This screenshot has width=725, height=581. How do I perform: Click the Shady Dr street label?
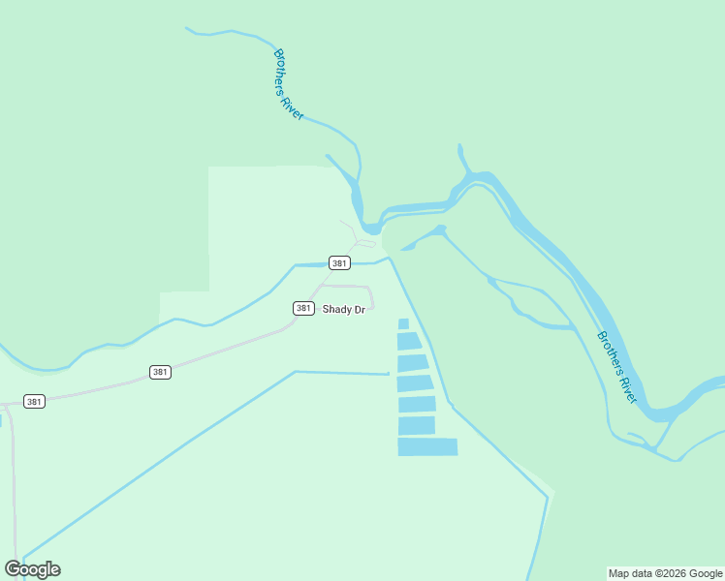coord(343,310)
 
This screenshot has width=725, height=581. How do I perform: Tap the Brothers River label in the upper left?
coord(289,84)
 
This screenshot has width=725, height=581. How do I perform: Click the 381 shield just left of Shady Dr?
coord(303,308)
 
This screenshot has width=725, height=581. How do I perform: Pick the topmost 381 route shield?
coord(339,263)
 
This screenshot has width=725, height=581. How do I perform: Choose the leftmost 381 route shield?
coord(34,401)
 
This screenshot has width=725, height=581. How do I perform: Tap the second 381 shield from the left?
coord(161,372)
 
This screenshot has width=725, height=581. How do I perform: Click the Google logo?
coord(32,569)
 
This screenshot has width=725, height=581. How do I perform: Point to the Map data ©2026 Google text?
coord(665,573)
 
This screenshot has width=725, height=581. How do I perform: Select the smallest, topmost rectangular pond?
coord(403,323)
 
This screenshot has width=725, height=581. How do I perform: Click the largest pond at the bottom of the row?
coord(427,446)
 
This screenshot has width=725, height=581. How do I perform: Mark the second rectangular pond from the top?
coord(409,341)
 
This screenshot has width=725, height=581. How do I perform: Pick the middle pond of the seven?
coord(415,383)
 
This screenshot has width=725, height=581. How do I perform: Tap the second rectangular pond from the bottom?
coord(417,425)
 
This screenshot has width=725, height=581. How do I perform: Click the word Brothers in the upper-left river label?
coord(281,70)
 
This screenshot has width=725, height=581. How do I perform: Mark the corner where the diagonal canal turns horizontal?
coord(295,371)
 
